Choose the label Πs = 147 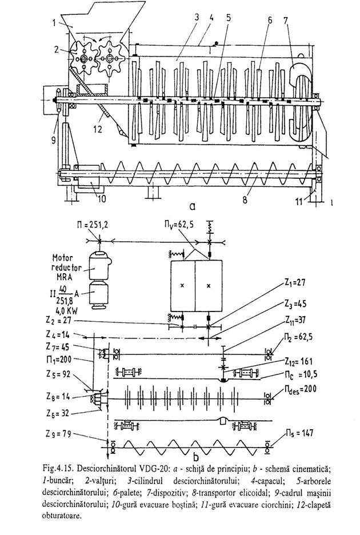[292, 440]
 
